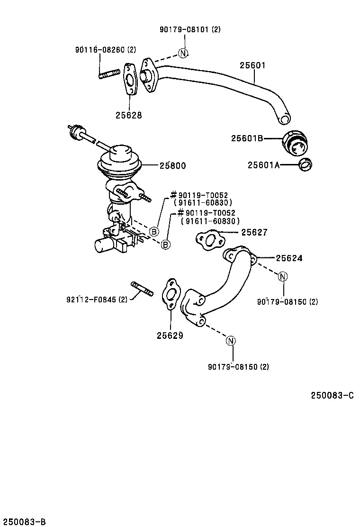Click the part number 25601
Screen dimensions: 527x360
pos(252,65)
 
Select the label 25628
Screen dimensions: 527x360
pos(128,115)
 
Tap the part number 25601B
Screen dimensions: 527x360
pos(247,138)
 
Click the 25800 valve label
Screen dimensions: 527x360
pos(172,165)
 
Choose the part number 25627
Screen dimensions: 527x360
pos(254,232)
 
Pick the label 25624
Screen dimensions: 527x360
pos(289,258)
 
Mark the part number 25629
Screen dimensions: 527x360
pos(170,335)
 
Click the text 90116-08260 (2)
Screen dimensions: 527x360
pos(106,49)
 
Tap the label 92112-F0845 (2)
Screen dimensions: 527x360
pos(97,299)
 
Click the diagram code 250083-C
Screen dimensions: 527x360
pos(332,396)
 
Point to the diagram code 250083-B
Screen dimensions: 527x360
pos(23,521)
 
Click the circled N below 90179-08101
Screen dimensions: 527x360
pos(183,53)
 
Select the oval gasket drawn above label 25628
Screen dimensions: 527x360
pos(129,80)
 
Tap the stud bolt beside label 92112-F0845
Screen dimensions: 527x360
pos(142,289)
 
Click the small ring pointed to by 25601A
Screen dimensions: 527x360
pos(306,165)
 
